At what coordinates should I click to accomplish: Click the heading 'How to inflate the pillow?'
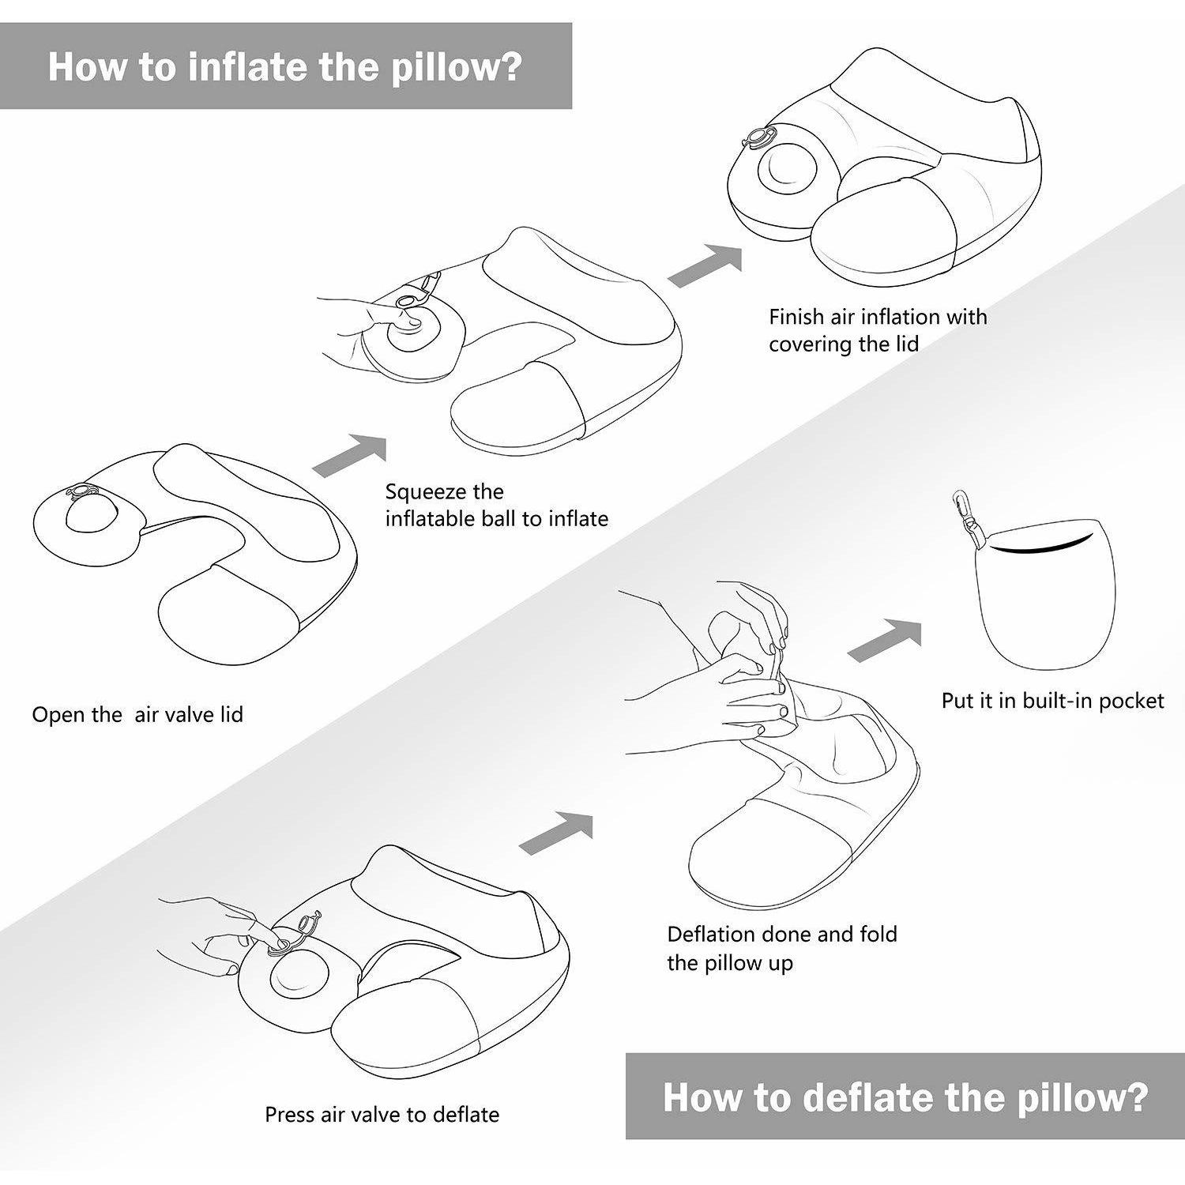click(285, 66)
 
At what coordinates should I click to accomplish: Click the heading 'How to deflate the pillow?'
click(905, 1097)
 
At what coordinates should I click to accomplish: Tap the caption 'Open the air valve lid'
click(137, 715)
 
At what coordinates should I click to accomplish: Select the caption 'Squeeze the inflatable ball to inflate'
click(497, 506)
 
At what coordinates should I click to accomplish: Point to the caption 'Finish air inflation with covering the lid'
click(878, 330)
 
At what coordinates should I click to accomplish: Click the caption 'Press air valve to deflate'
click(382, 1115)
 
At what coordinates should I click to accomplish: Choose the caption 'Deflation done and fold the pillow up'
click(782, 949)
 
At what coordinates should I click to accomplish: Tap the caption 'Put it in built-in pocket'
click(1053, 701)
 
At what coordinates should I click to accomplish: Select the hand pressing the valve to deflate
click(218, 932)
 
